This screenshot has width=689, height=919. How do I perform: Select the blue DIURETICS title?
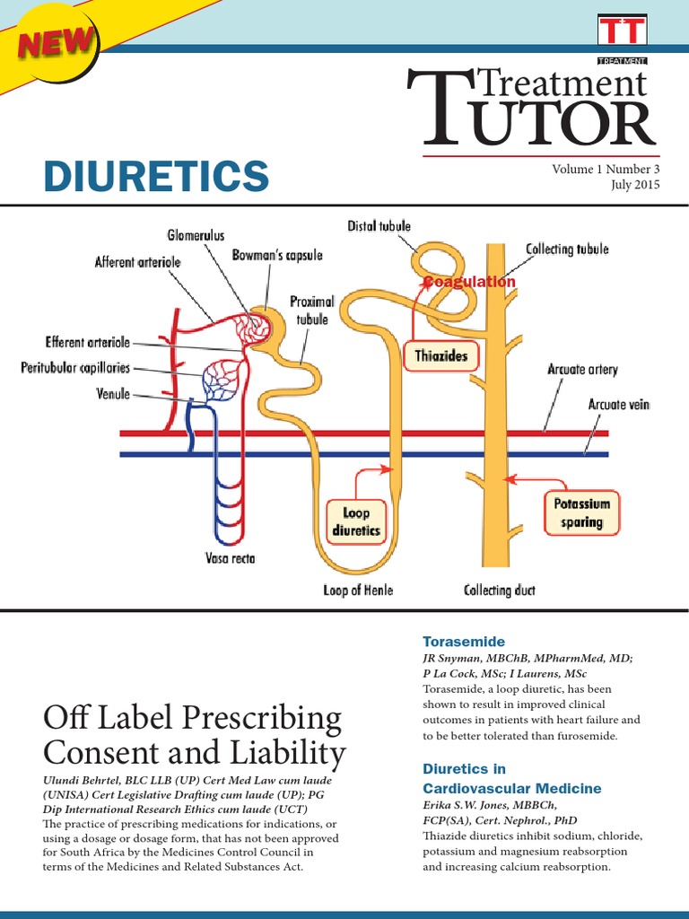(x=156, y=176)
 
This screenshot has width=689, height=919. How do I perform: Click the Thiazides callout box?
(x=441, y=356)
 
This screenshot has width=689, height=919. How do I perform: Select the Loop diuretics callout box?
(x=356, y=522)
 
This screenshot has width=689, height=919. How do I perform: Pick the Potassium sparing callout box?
(x=581, y=512)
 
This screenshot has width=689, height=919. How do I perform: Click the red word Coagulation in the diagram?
(x=470, y=282)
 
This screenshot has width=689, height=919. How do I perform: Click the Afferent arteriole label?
(x=138, y=262)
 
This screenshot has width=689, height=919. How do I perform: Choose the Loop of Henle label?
(x=358, y=590)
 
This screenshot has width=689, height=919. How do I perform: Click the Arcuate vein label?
(x=618, y=405)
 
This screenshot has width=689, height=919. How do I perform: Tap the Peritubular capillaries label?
(x=75, y=368)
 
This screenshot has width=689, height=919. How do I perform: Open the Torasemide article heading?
(x=464, y=642)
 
